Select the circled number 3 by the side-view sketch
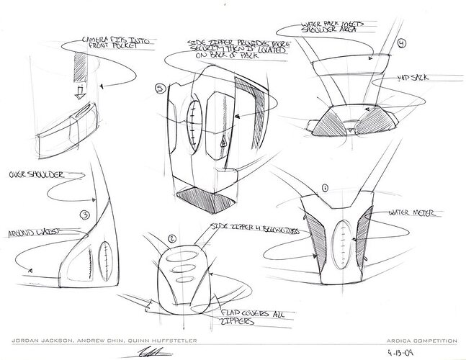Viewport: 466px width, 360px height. [x=85, y=215]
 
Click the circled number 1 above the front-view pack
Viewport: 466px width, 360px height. [x=326, y=188]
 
